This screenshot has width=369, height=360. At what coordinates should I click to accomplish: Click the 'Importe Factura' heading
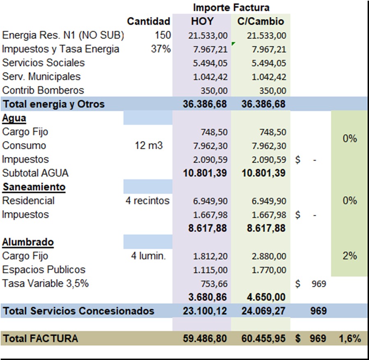(x=231, y=7)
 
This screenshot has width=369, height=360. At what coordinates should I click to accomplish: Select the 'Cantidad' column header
(x=148, y=21)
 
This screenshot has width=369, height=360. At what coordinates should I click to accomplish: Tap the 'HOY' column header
(x=202, y=21)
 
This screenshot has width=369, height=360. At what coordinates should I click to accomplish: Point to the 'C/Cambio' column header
(x=261, y=21)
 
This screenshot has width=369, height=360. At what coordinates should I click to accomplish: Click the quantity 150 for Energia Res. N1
(x=163, y=35)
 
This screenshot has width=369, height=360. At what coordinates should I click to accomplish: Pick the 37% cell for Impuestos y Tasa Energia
(x=161, y=49)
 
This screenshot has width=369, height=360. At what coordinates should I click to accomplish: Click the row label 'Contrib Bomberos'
(x=43, y=90)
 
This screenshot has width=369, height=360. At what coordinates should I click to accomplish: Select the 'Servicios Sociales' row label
(x=43, y=63)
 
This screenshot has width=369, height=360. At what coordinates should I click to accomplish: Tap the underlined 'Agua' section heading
(x=14, y=118)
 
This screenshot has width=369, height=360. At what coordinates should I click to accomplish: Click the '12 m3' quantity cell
(x=148, y=146)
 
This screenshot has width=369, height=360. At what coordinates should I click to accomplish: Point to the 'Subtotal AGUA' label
(x=35, y=173)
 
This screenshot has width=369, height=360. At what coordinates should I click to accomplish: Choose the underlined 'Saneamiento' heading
(x=34, y=187)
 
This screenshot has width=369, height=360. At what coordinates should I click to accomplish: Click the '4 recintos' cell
(x=148, y=201)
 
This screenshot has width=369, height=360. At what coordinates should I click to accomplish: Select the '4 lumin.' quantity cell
(x=148, y=256)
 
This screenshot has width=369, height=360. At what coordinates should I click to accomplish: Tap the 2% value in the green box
(x=350, y=256)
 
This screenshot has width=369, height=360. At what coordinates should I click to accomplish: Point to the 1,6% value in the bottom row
(x=350, y=339)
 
